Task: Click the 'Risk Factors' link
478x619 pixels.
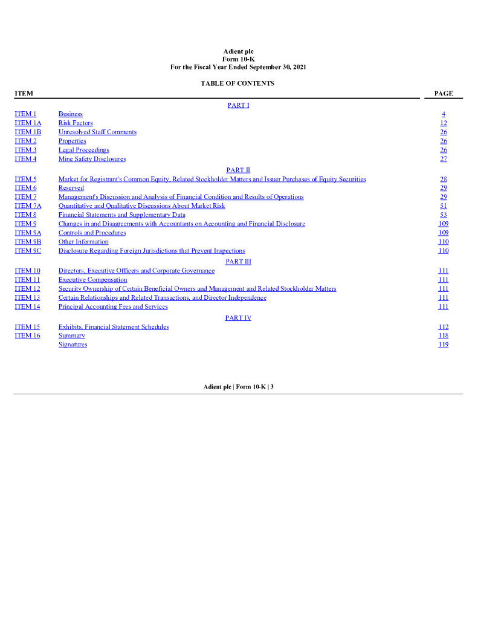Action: point(76,123)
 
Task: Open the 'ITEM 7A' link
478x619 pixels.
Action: point(28,206)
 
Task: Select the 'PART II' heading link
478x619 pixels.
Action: point(238,170)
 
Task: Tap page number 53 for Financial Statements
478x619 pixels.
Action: point(444,215)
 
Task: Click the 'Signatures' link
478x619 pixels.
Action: point(73,345)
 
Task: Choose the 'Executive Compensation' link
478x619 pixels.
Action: point(92,280)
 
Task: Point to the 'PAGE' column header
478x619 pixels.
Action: point(444,94)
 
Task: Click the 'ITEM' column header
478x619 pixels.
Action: point(24,94)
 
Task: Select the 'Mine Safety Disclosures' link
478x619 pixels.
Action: point(92,160)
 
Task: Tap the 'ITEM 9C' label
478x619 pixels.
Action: point(28,251)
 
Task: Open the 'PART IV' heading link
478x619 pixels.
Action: point(238,318)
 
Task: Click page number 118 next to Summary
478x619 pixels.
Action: point(444,336)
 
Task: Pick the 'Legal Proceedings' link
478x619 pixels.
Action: point(83,151)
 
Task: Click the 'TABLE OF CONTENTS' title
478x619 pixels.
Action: point(237,83)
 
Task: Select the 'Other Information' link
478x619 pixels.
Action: point(83,242)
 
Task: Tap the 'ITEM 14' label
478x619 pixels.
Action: point(27,307)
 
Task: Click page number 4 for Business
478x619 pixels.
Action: point(444,114)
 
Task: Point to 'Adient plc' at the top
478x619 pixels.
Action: point(238,52)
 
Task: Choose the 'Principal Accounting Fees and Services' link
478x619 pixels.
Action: point(113,307)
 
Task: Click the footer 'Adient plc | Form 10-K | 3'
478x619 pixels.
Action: point(238,387)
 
